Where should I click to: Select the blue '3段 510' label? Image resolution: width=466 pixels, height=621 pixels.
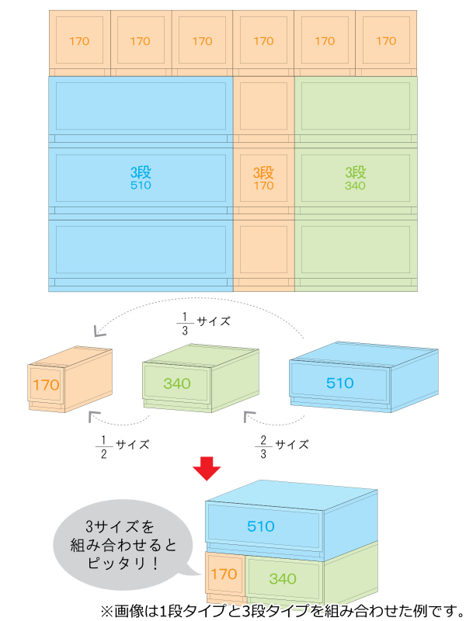point(141,178)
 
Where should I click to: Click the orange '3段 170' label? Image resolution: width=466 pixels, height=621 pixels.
point(263,178)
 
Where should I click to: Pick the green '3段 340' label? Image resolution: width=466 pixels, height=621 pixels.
point(355,178)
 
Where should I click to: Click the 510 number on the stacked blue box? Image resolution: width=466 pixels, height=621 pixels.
point(261,526)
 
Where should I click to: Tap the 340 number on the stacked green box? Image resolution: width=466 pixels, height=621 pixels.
point(283,578)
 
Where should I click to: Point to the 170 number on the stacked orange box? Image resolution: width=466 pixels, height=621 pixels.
point(223,574)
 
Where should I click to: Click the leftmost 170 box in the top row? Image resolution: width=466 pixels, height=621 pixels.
point(79,41)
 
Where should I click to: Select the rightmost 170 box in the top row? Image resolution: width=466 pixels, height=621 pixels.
point(386,41)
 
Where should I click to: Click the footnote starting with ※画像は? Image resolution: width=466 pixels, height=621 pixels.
point(280,609)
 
